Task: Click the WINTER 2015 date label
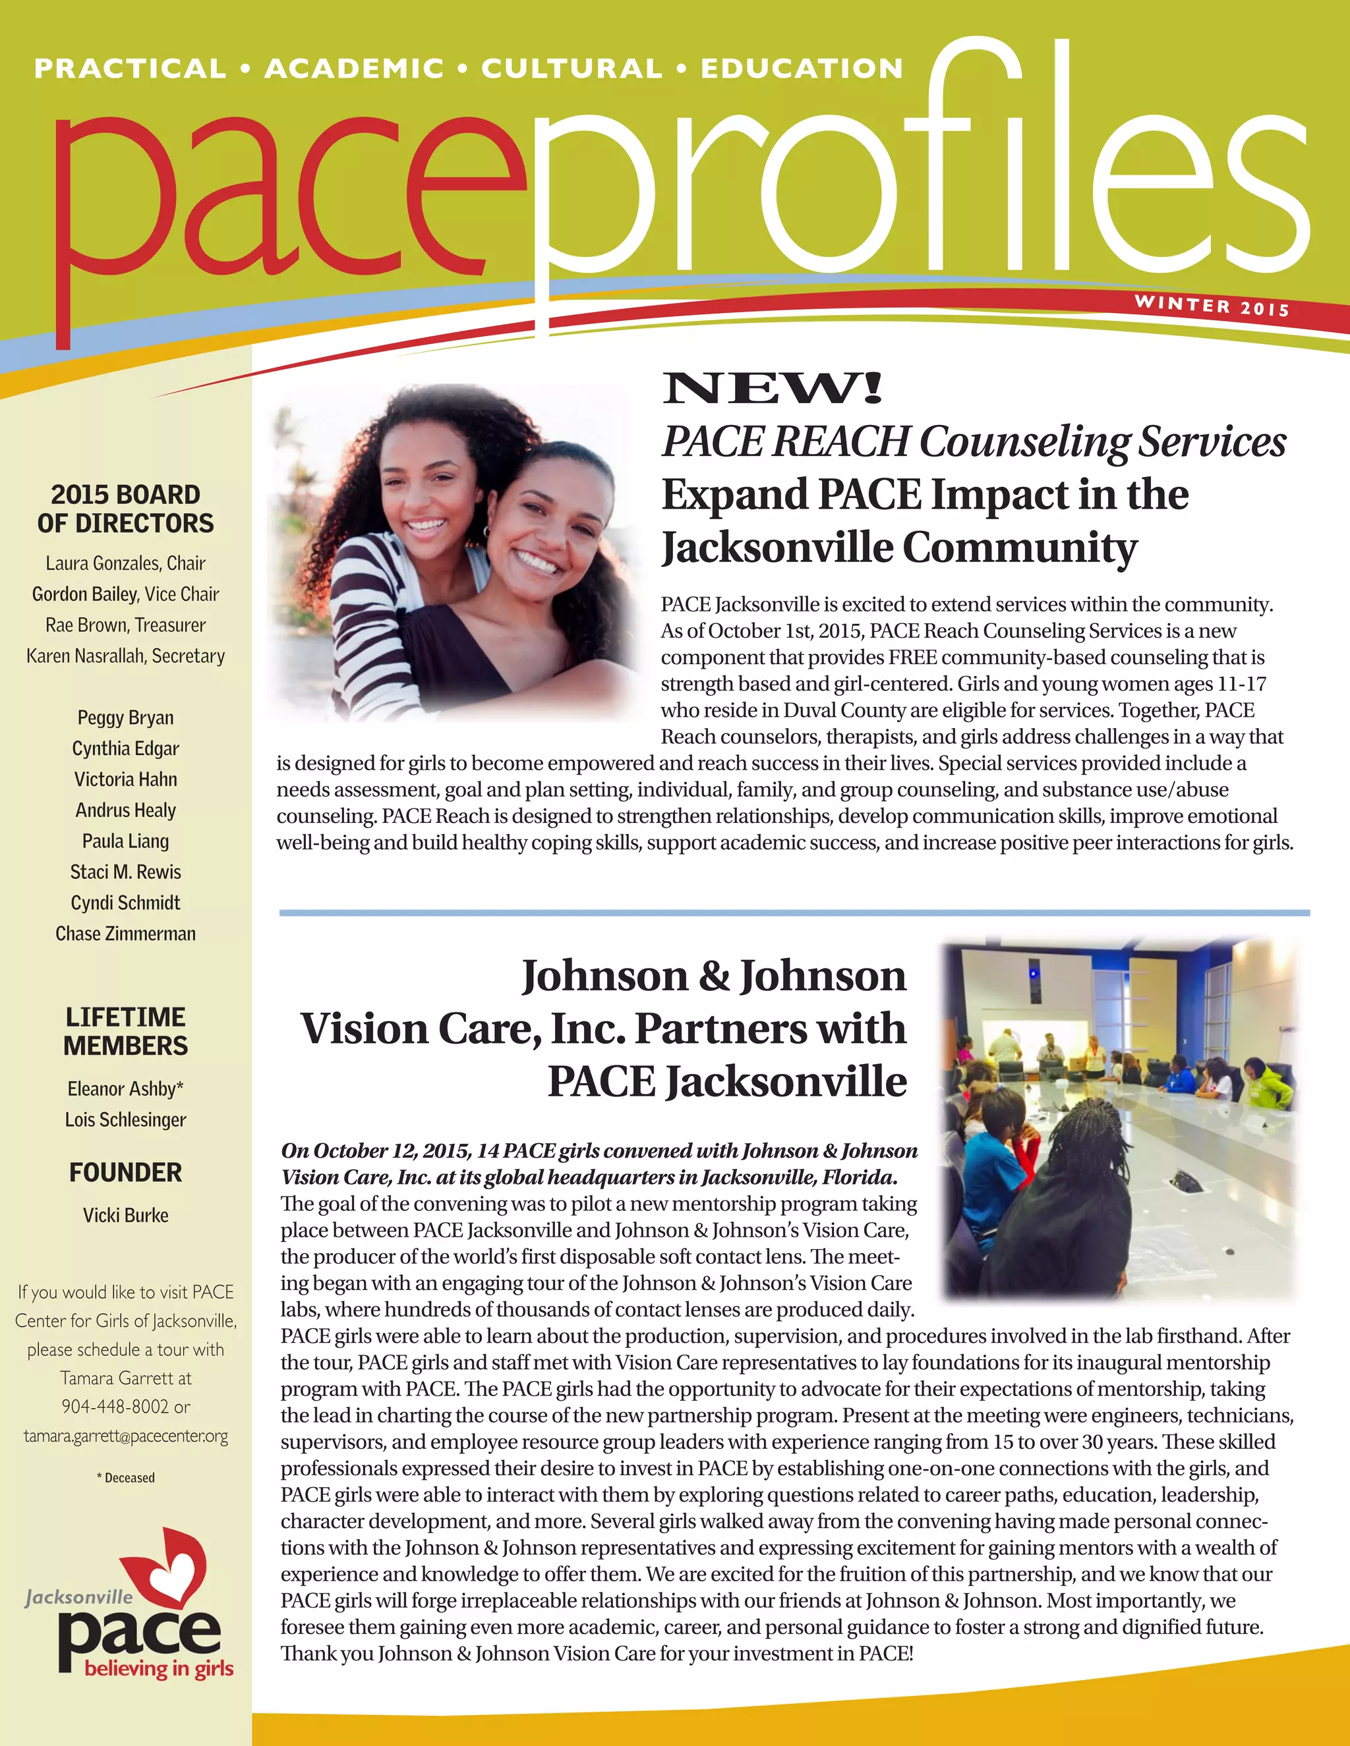[x=1211, y=306]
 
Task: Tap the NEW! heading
[x=772, y=389]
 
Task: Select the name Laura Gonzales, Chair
[x=125, y=563]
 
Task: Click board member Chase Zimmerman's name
[x=125, y=934]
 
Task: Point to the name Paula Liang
[x=125, y=841]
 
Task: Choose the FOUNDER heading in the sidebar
[x=125, y=1172]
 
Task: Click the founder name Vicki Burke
[x=125, y=1215]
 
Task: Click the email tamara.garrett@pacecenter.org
[x=125, y=1436]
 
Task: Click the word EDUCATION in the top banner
[x=802, y=69]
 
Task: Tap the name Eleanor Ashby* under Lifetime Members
[x=125, y=1089]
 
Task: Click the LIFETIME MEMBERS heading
[x=125, y=1031]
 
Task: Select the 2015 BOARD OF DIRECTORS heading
[x=125, y=509]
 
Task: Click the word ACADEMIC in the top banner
[x=353, y=69]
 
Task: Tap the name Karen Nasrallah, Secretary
[x=125, y=656]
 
